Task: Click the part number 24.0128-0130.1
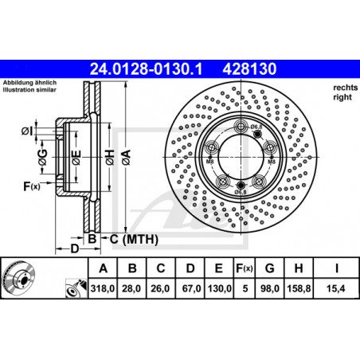pyautogui.click(x=146, y=69)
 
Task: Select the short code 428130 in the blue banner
pyautogui.click(x=249, y=69)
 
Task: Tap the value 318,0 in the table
pyautogui.click(x=103, y=288)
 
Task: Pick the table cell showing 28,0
pyautogui.click(x=131, y=288)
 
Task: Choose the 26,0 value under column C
pyautogui.click(x=160, y=288)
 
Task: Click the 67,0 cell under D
pyautogui.click(x=190, y=288)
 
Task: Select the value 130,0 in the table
pyautogui.click(x=219, y=288)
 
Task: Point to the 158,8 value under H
pyautogui.click(x=299, y=288)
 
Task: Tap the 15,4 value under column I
pyautogui.click(x=336, y=288)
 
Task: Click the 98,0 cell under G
pyautogui.click(x=270, y=288)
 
